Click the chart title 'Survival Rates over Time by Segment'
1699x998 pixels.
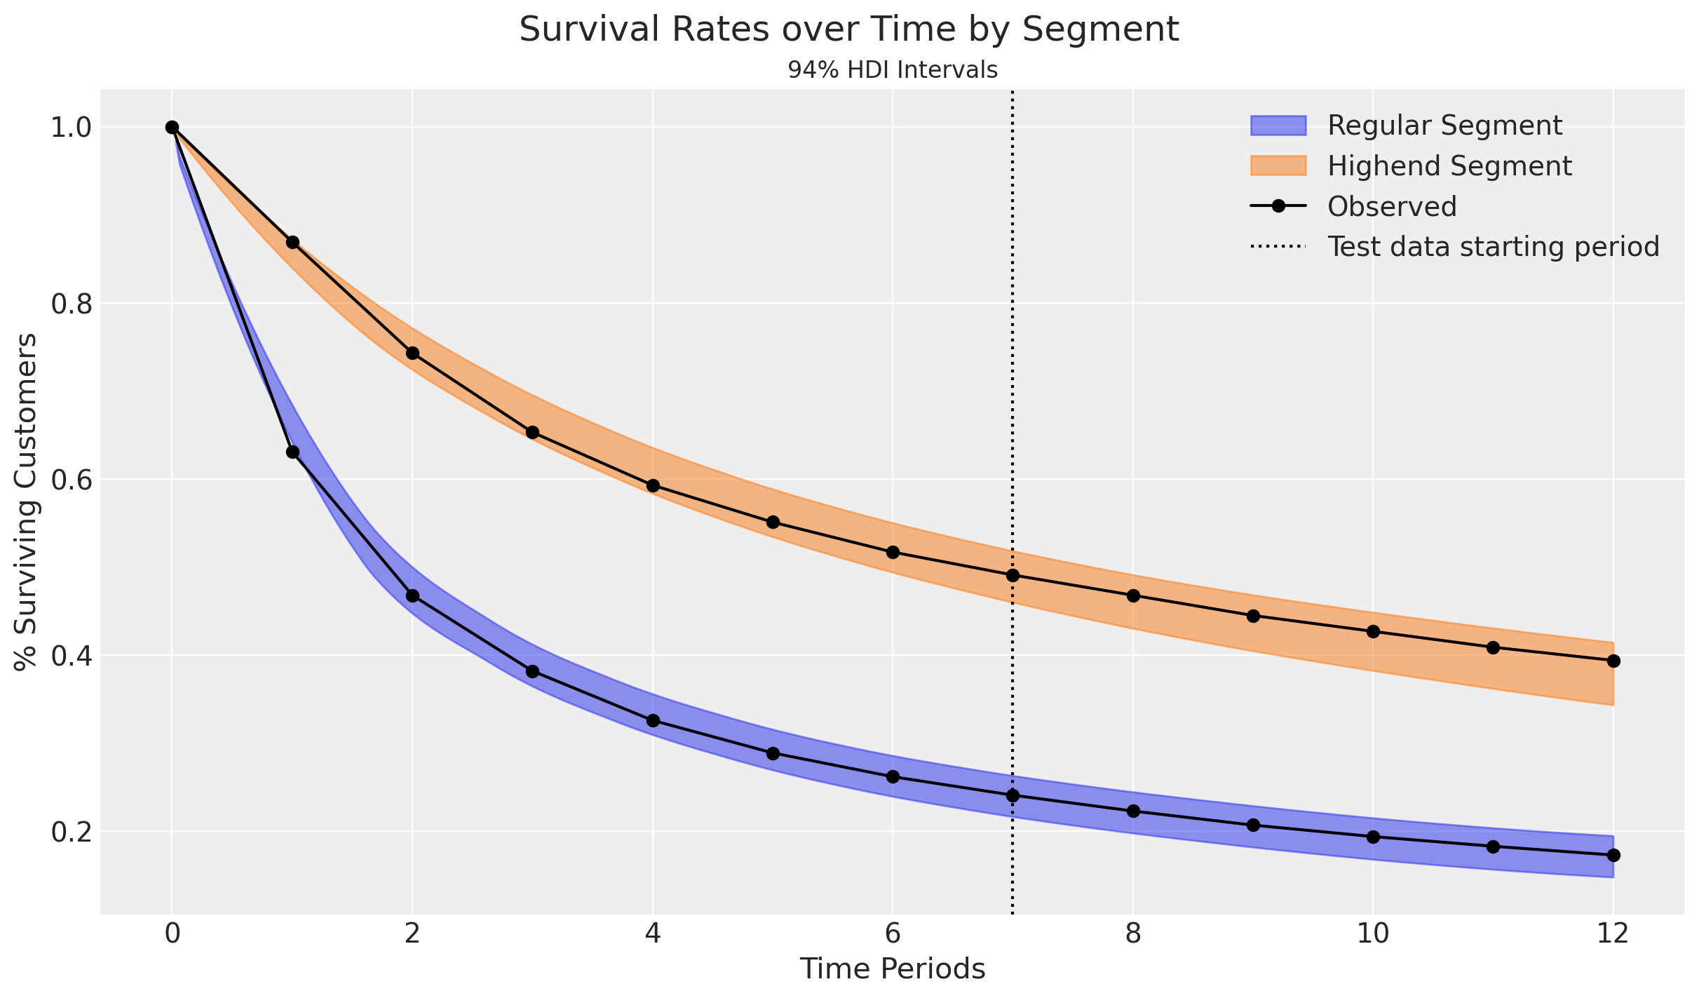point(849,30)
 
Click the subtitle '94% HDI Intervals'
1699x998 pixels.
point(893,70)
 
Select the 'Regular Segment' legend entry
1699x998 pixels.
point(1444,126)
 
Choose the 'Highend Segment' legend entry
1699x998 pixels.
point(1449,166)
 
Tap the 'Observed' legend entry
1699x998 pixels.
point(1392,206)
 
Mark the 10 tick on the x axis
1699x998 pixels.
point(1373,935)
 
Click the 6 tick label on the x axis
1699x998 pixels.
point(893,935)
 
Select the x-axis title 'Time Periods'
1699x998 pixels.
point(893,969)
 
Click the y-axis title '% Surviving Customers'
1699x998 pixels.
point(27,502)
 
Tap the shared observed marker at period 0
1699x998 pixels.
point(172,127)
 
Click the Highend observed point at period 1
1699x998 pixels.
point(292,242)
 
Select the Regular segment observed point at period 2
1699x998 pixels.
point(412,595)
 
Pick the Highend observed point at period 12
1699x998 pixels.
point(1613,661)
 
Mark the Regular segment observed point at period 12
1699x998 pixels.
point(1613,855)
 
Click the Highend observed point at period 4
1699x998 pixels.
point(653,485)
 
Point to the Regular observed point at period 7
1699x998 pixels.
point(1013,795)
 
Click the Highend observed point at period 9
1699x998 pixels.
point(1253,616)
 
